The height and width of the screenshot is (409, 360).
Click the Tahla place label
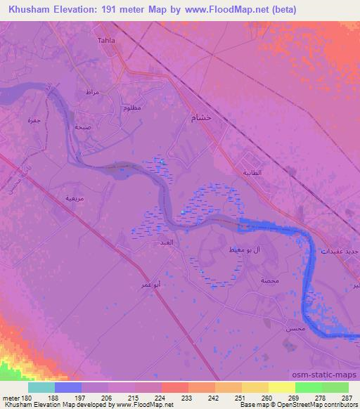tap(106, 40)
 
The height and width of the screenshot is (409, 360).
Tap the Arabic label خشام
tap(202, 119)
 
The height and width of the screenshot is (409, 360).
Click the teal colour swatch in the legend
tap(41, 387)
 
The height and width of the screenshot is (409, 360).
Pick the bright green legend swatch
tap(309, 387)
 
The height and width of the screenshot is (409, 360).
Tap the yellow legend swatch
tap(282, 387)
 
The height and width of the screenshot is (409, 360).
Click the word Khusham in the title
tap(30, 10)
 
